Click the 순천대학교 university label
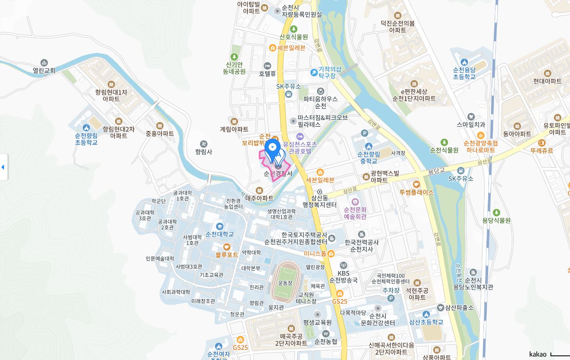point(220,234)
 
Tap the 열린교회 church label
point(44,71)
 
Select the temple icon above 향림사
point(203,144)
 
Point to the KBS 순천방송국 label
point(343,277)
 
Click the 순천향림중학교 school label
point(368,158)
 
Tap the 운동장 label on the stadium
point(285,283)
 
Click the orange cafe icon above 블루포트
point(227,247)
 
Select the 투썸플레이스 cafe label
point(417,192)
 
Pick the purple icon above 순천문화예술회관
point(355,202)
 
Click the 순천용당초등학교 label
point(464,74)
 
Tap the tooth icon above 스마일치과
point(471,117)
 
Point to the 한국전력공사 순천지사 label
point(362,246)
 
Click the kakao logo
point(538,354)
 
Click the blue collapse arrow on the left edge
point(3,167)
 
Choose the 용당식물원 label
point(496,221)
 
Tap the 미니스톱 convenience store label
point(315,254)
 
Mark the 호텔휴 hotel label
point(267,74)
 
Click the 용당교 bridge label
point(437,170)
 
